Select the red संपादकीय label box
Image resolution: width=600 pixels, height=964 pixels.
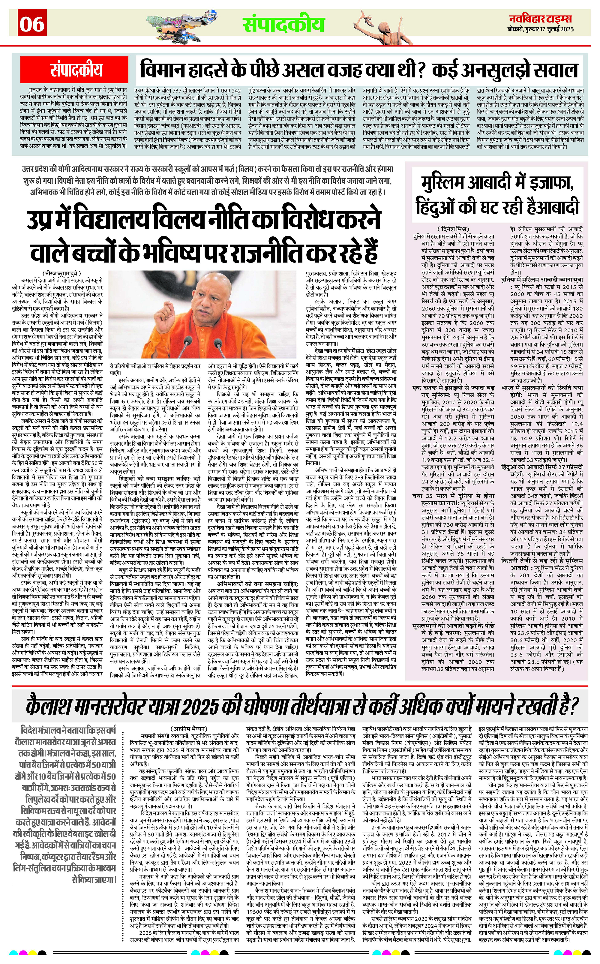point(76,70)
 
